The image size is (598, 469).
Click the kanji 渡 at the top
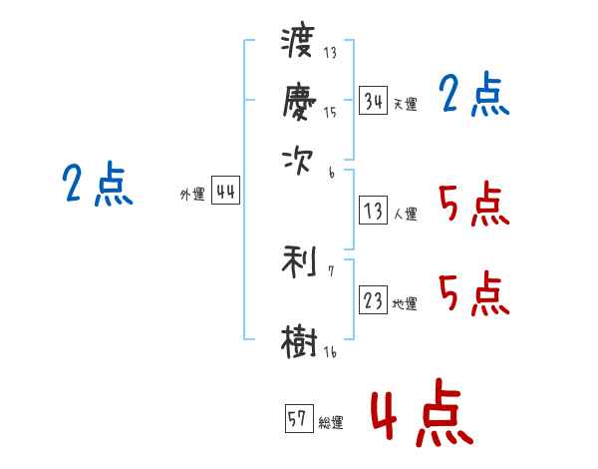click(x=299, y=43)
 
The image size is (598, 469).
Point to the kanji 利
click(x=299, y=263)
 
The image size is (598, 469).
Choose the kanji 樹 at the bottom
click(x=299, y=340)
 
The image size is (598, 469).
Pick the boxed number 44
click(x=226, y=193)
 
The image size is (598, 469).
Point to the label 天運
click(x=405, y=104)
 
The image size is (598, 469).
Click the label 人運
click(x=405, y=214)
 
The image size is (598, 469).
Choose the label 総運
click(x=330, y=422)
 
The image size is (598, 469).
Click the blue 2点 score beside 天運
click(x=473, y=97)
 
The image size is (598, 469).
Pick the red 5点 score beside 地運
click(x=473, y=295)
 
